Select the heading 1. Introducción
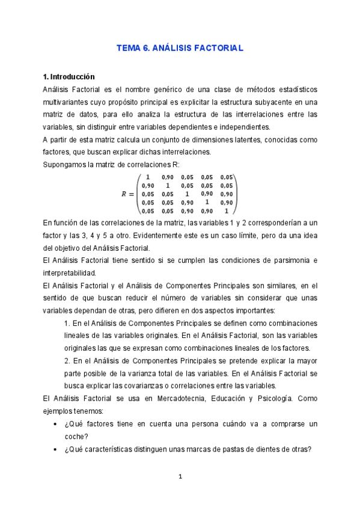pyautogui.click(x=69, y=77)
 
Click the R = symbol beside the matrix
pyautogui.click(x=126, y=194)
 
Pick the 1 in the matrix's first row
pyautogui.click(x=148, y=177)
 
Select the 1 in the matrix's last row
pyautogui.click(x=227, y=211)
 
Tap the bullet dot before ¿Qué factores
pyautogui.click(x=56, y=424)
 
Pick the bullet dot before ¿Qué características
pyautogui.click(x=56, y=449)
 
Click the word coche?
pyautogui.click(x=76, y=436)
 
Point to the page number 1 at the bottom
pyautogui.click(x=180, y=477)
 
